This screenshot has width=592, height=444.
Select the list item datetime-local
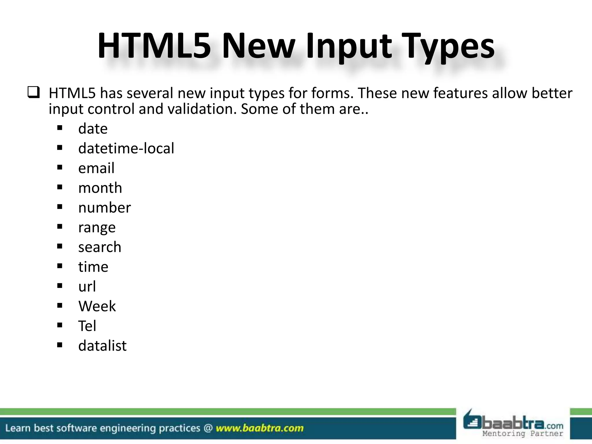click(126, 148)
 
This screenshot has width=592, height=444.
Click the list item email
click(96, 168)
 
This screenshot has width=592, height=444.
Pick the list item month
click(100, 188)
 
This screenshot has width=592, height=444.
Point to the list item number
click(104, 208)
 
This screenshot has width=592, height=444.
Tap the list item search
click(100, 247)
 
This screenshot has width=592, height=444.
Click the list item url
click(87, 286)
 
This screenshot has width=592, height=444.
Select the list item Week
click(97, 306)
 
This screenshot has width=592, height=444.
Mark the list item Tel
click(87, 326)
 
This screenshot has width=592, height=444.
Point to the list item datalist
click(102, 346)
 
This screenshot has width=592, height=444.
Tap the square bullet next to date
click(60, 128)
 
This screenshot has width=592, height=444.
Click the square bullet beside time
click(60, 266)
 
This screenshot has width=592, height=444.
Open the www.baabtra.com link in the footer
click(260, 428)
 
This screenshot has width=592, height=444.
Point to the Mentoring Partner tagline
click(523, 434)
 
